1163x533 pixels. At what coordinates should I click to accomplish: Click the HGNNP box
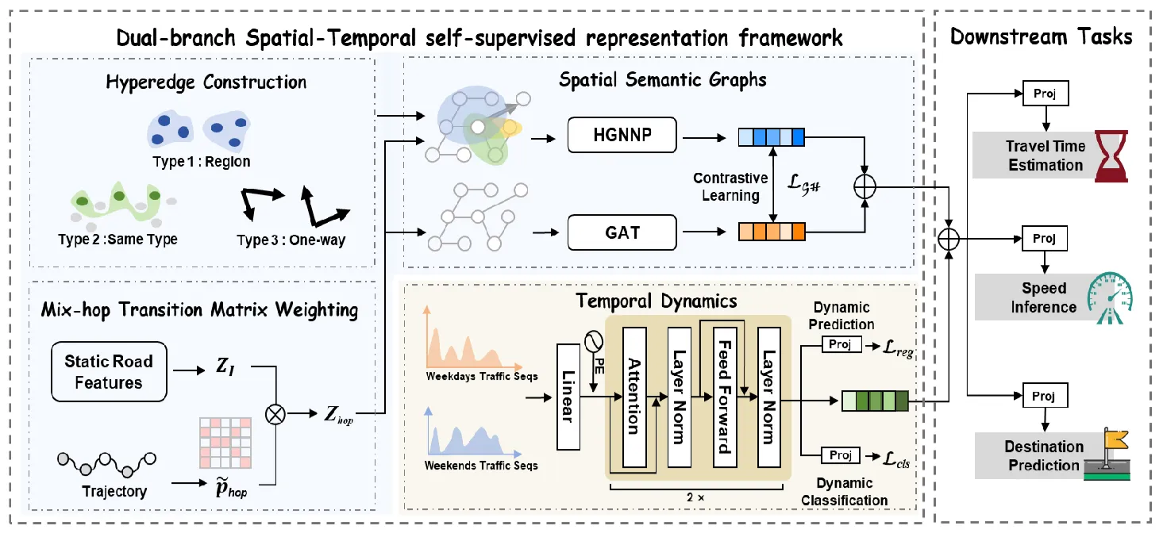(622, 135)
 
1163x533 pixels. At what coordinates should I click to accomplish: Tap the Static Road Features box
(109, 372)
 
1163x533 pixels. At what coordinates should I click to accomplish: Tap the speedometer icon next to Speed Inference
(1109, 297)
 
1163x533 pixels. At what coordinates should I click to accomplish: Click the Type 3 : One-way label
(291, 240)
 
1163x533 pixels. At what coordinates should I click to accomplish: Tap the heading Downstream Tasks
(1041, 36)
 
